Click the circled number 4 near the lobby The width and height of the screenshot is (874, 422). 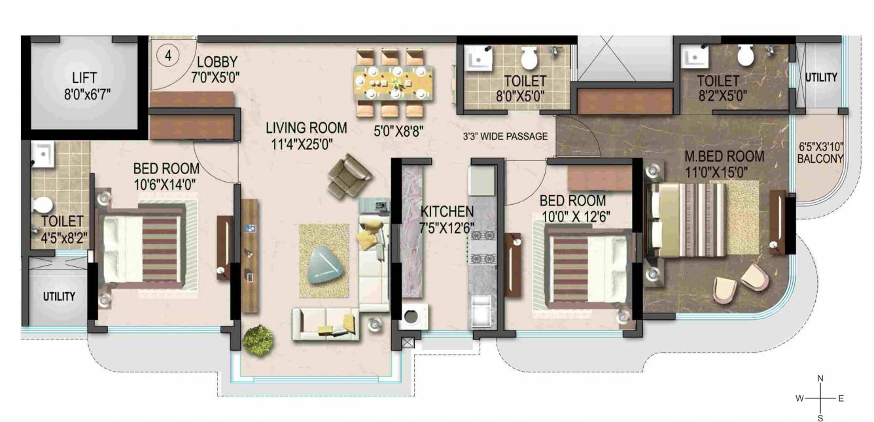(167, 56)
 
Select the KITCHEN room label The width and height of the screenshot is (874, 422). (447, 211)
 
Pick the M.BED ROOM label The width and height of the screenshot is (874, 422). (724, 156)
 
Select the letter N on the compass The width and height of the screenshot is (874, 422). (820, 379)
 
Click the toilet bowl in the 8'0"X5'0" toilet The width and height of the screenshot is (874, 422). (529, 59)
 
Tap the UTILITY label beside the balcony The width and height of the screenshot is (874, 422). (820, 77)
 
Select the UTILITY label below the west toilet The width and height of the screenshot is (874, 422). (59, 296)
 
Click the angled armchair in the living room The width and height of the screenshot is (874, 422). (349, 175)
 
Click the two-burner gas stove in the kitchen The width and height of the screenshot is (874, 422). (482, 250)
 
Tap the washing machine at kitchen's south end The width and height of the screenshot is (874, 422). (413, 317)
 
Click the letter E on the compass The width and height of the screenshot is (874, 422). (841, 398)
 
